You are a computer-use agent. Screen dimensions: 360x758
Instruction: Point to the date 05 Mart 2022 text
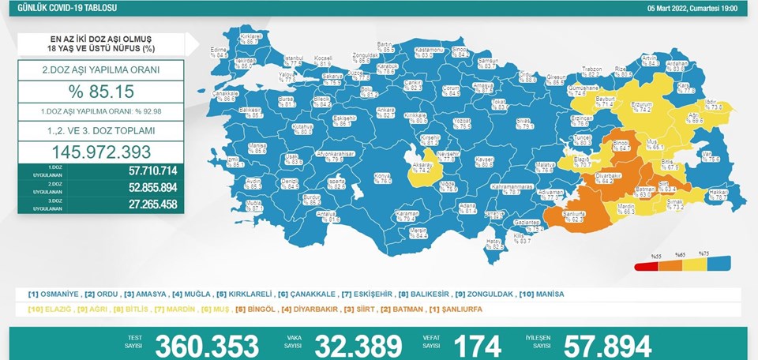[670, 7]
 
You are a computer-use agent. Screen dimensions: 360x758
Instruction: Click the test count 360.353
[207, 345]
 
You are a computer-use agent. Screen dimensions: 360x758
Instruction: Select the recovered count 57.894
[608, 345]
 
